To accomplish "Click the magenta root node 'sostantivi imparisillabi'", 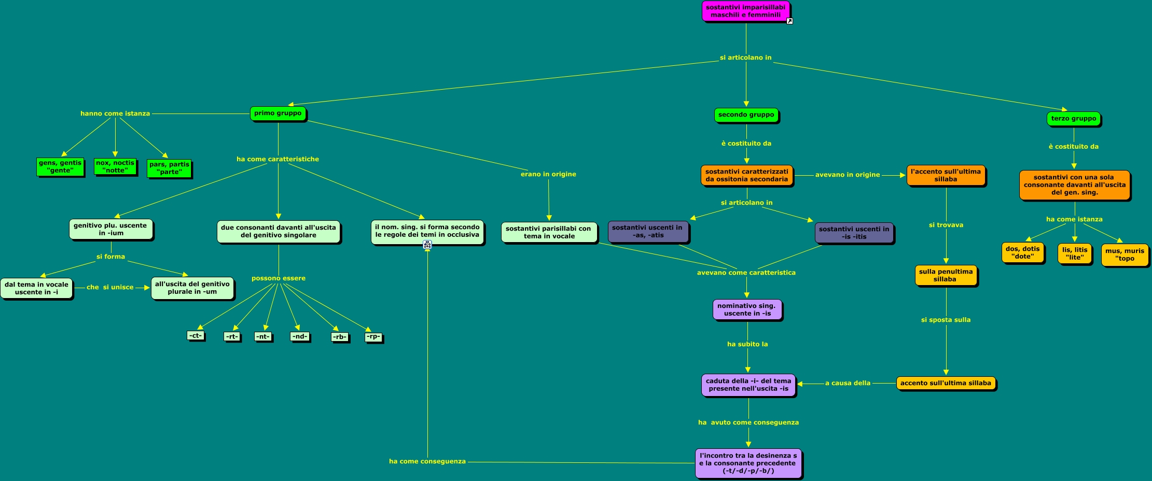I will tap(745, 11).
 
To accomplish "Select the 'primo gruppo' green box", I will tap(278, 114).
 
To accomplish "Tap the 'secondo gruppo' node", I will tap(746, 115).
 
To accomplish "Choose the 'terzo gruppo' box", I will tap(1073, 119).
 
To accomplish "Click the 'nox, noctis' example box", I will tap(115, 166).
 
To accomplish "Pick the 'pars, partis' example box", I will tap(169, 168).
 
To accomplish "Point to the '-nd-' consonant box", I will tap(300, 336).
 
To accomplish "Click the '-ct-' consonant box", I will tap(195, 335).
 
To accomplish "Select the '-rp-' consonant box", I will tap(373, 336).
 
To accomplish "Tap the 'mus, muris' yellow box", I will tap(1124, 254).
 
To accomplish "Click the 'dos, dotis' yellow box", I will tap(1022, 252).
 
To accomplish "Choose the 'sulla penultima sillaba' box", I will tap(945, 275).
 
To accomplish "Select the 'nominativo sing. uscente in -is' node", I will tap(746, 309).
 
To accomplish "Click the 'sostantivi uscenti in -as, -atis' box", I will tap(647, 231).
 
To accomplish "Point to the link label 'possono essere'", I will tap(279, 278).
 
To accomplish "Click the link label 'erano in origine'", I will tap(548, 174).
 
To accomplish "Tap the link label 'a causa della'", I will tap(848, 383).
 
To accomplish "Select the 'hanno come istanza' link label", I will tap(115, 114).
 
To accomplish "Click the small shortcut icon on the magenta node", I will tap(789, 21).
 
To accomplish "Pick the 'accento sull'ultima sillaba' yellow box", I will tap(945, 383).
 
